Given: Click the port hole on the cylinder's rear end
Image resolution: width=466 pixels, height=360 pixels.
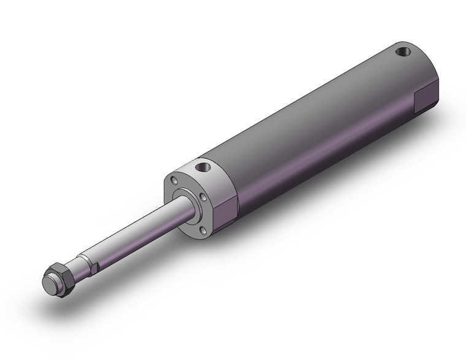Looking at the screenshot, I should (403, 52).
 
